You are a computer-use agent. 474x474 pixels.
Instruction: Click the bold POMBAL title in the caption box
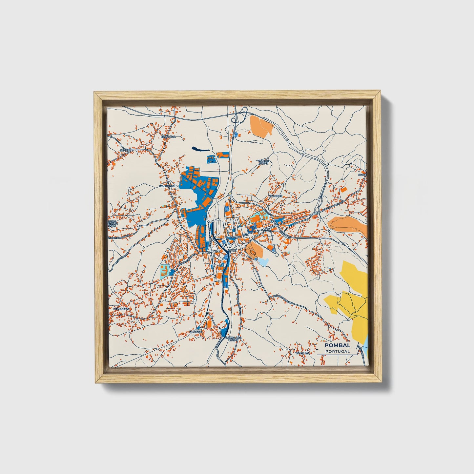(x=337, y=345)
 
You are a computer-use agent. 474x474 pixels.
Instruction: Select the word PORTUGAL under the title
(x=337, y=351)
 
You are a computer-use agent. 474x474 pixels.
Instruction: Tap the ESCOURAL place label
(x=168, y=136)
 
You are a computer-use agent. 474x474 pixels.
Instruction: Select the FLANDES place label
(x=196, y=332)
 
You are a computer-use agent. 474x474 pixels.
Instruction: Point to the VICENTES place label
(x=302, y=353)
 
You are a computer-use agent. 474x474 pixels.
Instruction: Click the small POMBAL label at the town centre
(x=236, y=237)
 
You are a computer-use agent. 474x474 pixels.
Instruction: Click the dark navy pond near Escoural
(x=200, y=149)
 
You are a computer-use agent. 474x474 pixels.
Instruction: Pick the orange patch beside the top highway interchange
(x=261, y=125)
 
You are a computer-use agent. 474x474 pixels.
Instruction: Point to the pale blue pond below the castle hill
(x=263, y=261)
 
